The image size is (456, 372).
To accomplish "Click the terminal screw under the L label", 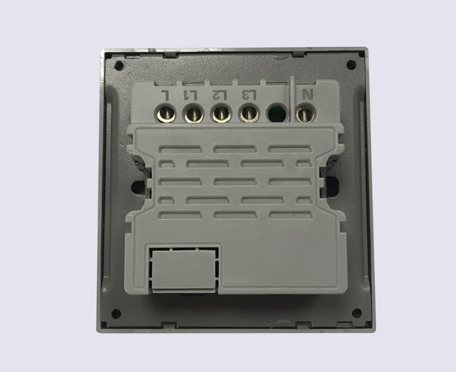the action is point(166,114).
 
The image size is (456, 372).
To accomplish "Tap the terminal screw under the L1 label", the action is point(194,115).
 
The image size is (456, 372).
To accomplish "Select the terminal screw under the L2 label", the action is point(222,114).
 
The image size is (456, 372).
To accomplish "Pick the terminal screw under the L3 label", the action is point(249,114).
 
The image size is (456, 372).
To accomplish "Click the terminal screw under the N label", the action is point(306,114).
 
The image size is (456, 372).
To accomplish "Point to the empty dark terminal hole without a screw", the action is point(277,114).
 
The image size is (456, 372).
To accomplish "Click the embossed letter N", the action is point(307,95).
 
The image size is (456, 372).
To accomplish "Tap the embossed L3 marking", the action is point(249,95).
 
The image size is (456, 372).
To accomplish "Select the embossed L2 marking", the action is point(220,95).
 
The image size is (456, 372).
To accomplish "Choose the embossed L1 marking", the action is point(190,95).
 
